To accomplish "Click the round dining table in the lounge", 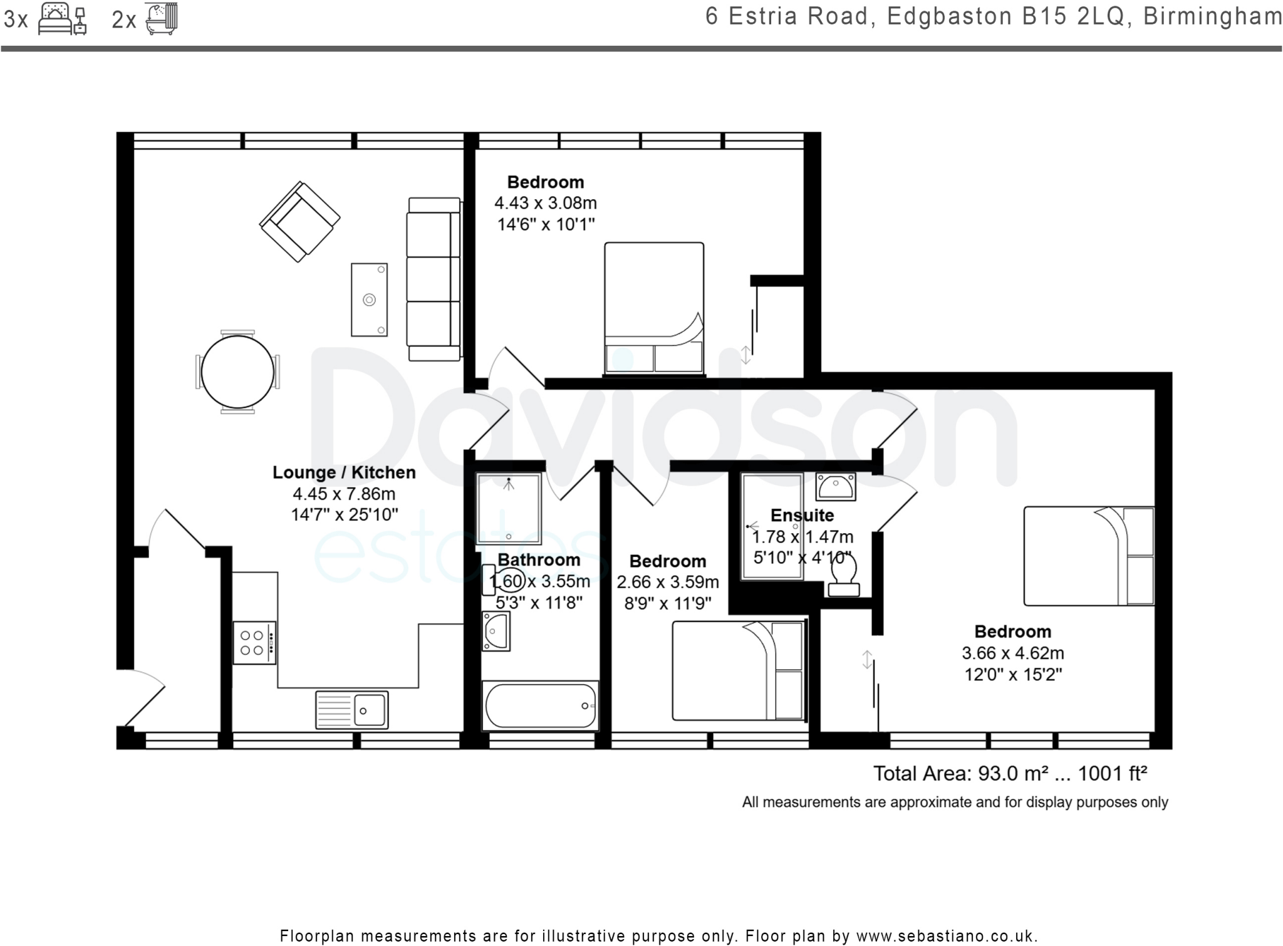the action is pyautogui.click(x=237, y=372).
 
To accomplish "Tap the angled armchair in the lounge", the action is pyautogui.click(x=300, y=221).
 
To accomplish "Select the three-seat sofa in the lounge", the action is pyautogui.click(x=434, y=279).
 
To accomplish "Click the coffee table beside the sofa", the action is pyautogui.click(x=369, y=299).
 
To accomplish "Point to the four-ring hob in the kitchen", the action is pyautogui.click(x=254, y=642).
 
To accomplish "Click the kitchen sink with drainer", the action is pyautogui.click(x=351, y=710).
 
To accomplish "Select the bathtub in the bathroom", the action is pyautogui.click(x=540, y=706).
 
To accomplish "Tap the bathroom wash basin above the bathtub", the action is pyautogui.click(x=496, y=631).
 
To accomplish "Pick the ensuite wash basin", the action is pyautogui.click(x=836, y=487).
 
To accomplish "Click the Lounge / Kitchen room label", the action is pyautogui.click(x=344, y=472).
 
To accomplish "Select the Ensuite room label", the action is pyautogui.click(x=802, y=515).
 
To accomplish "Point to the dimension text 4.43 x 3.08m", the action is pyautogui.click(x=546, y=203).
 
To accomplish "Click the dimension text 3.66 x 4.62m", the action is pyautogui.click(x=1013, y=653).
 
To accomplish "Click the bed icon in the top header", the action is pyautogui.click(x=62, y=19).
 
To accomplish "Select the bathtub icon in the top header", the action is pyautogui.click(x=162, y=18).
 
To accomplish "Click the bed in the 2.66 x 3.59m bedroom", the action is pyautogui.click(x=739, y=670).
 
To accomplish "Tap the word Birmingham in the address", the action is pyautogui.click(x=1213, y=16).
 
